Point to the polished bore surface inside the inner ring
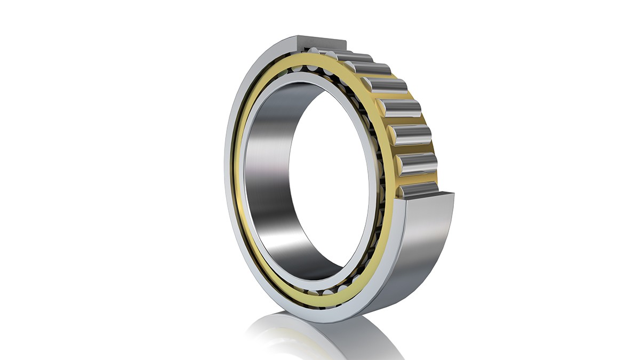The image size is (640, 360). click(x=267, y=176)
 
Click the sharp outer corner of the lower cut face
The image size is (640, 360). click(x=453, y=193)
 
